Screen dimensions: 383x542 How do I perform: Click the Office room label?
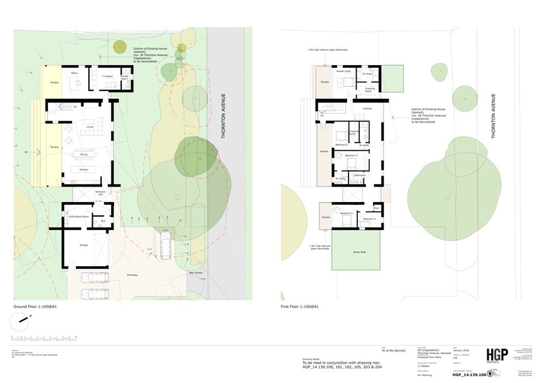point(75,73)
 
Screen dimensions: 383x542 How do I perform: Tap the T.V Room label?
point(107,76)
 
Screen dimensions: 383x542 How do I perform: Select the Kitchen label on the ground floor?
point(84,169)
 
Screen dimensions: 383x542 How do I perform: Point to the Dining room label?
point(84,155)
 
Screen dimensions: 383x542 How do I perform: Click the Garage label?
point(84,245)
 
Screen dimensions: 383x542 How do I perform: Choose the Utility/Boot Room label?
point(79,217)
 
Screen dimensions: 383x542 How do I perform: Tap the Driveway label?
point(132,274)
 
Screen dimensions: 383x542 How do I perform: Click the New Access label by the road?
point(196,273)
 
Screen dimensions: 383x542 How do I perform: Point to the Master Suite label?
point(343,71)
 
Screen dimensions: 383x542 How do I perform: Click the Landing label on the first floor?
point(368,109)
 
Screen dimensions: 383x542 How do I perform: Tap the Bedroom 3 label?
point(351,156)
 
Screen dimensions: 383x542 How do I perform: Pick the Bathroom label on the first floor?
point(360,175)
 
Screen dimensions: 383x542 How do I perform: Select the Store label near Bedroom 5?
point(376,208)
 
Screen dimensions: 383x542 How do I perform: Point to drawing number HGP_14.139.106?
point(469,375)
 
